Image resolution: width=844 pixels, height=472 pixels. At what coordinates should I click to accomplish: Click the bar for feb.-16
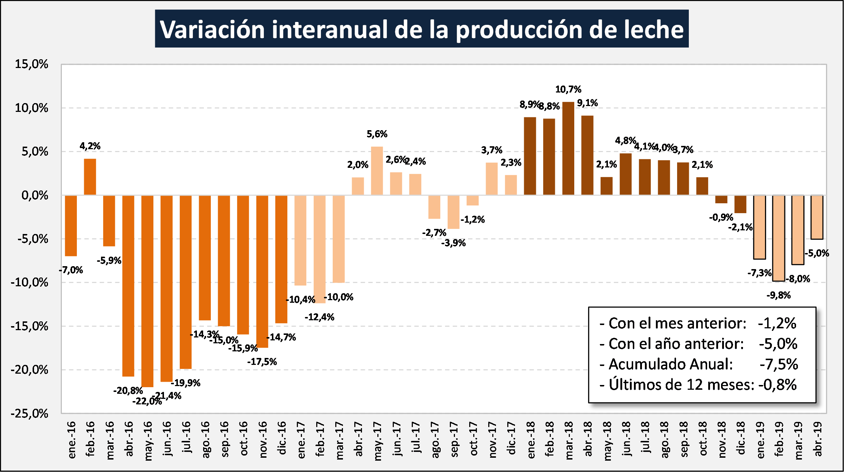click(90, 177)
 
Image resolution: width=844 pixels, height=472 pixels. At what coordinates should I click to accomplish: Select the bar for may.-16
click(147, 291)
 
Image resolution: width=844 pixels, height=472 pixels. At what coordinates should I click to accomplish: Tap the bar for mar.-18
click(568, 148)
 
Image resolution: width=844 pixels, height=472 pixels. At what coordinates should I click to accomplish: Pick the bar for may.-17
click(377, 170)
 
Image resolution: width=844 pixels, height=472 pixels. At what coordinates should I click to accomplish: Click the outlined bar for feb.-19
click(778, 238)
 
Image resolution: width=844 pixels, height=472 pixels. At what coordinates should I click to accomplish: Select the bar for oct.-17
click(473, 200)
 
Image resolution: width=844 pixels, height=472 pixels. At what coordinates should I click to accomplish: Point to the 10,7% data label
click(568, 89)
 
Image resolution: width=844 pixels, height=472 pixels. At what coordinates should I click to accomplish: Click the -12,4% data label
click(320, 317)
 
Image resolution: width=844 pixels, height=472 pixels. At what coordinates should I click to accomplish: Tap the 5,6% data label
click(377, 134)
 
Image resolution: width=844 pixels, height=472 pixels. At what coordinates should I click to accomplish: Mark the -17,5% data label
click(262, 362)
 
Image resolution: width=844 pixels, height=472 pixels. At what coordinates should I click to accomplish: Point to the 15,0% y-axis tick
click(31, 64)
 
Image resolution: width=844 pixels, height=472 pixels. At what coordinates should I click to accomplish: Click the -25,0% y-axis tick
click(29, 414)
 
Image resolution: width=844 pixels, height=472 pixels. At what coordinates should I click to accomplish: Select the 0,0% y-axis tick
click(35, 195)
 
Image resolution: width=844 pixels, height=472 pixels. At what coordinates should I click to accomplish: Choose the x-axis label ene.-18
click(530, 439)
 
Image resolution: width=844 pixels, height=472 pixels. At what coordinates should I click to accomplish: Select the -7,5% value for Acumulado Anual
click(778, 364)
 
